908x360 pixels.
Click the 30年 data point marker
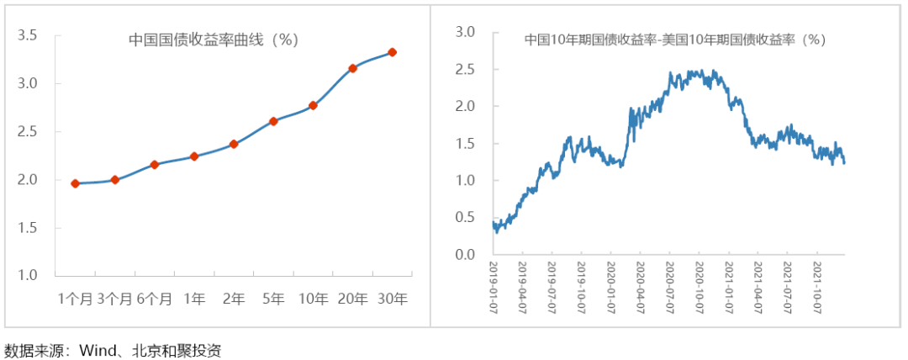pyautogui.click(x=392, y=52)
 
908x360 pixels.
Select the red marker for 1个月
pyautogui.click(x=75, y=183)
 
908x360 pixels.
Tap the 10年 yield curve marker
pyautogui.click(x=313, y=105)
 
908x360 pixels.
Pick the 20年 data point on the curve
pyautogui.click(x=352, y=68)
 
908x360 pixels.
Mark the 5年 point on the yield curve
pyautogui.click(x=273, y=121)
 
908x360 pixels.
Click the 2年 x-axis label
pyautogui.click(x=234, y=299)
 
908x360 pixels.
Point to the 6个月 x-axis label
pyautogui.click(x=155, y=299)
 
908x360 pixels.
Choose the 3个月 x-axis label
pyautogui.click(x=115, y=299)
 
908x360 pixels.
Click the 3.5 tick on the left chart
pyautogui.click(x=28, y=35)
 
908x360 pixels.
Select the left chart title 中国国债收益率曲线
pyautogui.click(x=214, y=40)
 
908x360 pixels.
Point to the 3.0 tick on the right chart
pyautogui.click(x=465, y=32)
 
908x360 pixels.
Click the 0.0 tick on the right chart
pyautogui.click(x=465, y=254)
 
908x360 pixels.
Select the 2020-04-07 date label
pyautogui.click(x=640, y=288)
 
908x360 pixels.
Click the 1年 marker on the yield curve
pyautogui.click(x=194, y=156)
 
